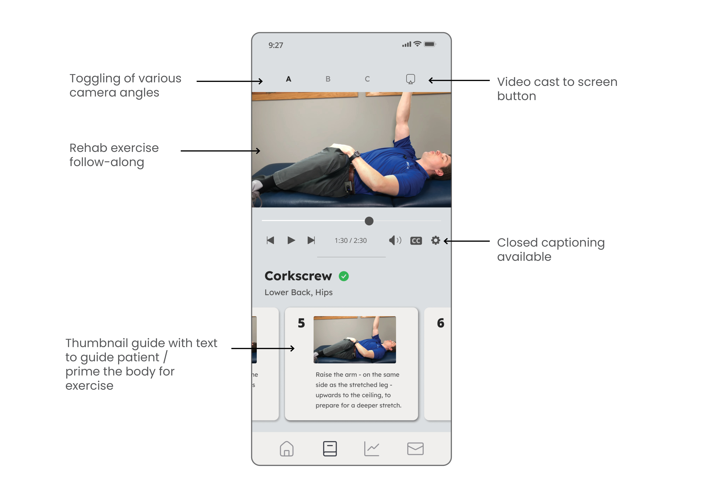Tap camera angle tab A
pos(288,79)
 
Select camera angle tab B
pos(328,79)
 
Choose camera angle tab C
pos(367,79)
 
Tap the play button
pos(291,240)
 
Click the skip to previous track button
pos(270,240)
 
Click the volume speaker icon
pos(395,240)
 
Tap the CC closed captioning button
pos(416,241)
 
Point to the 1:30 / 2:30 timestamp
pos(351,241)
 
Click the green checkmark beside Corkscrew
pos(344,276)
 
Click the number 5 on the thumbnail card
pos(301,323)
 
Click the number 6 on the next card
pos(441,323)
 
